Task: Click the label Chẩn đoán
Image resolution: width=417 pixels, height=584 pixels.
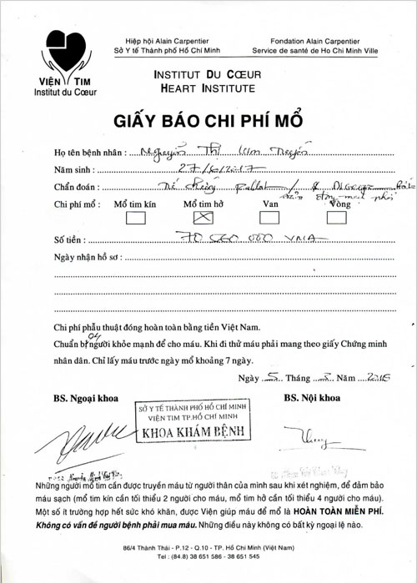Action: click(76, 187)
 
